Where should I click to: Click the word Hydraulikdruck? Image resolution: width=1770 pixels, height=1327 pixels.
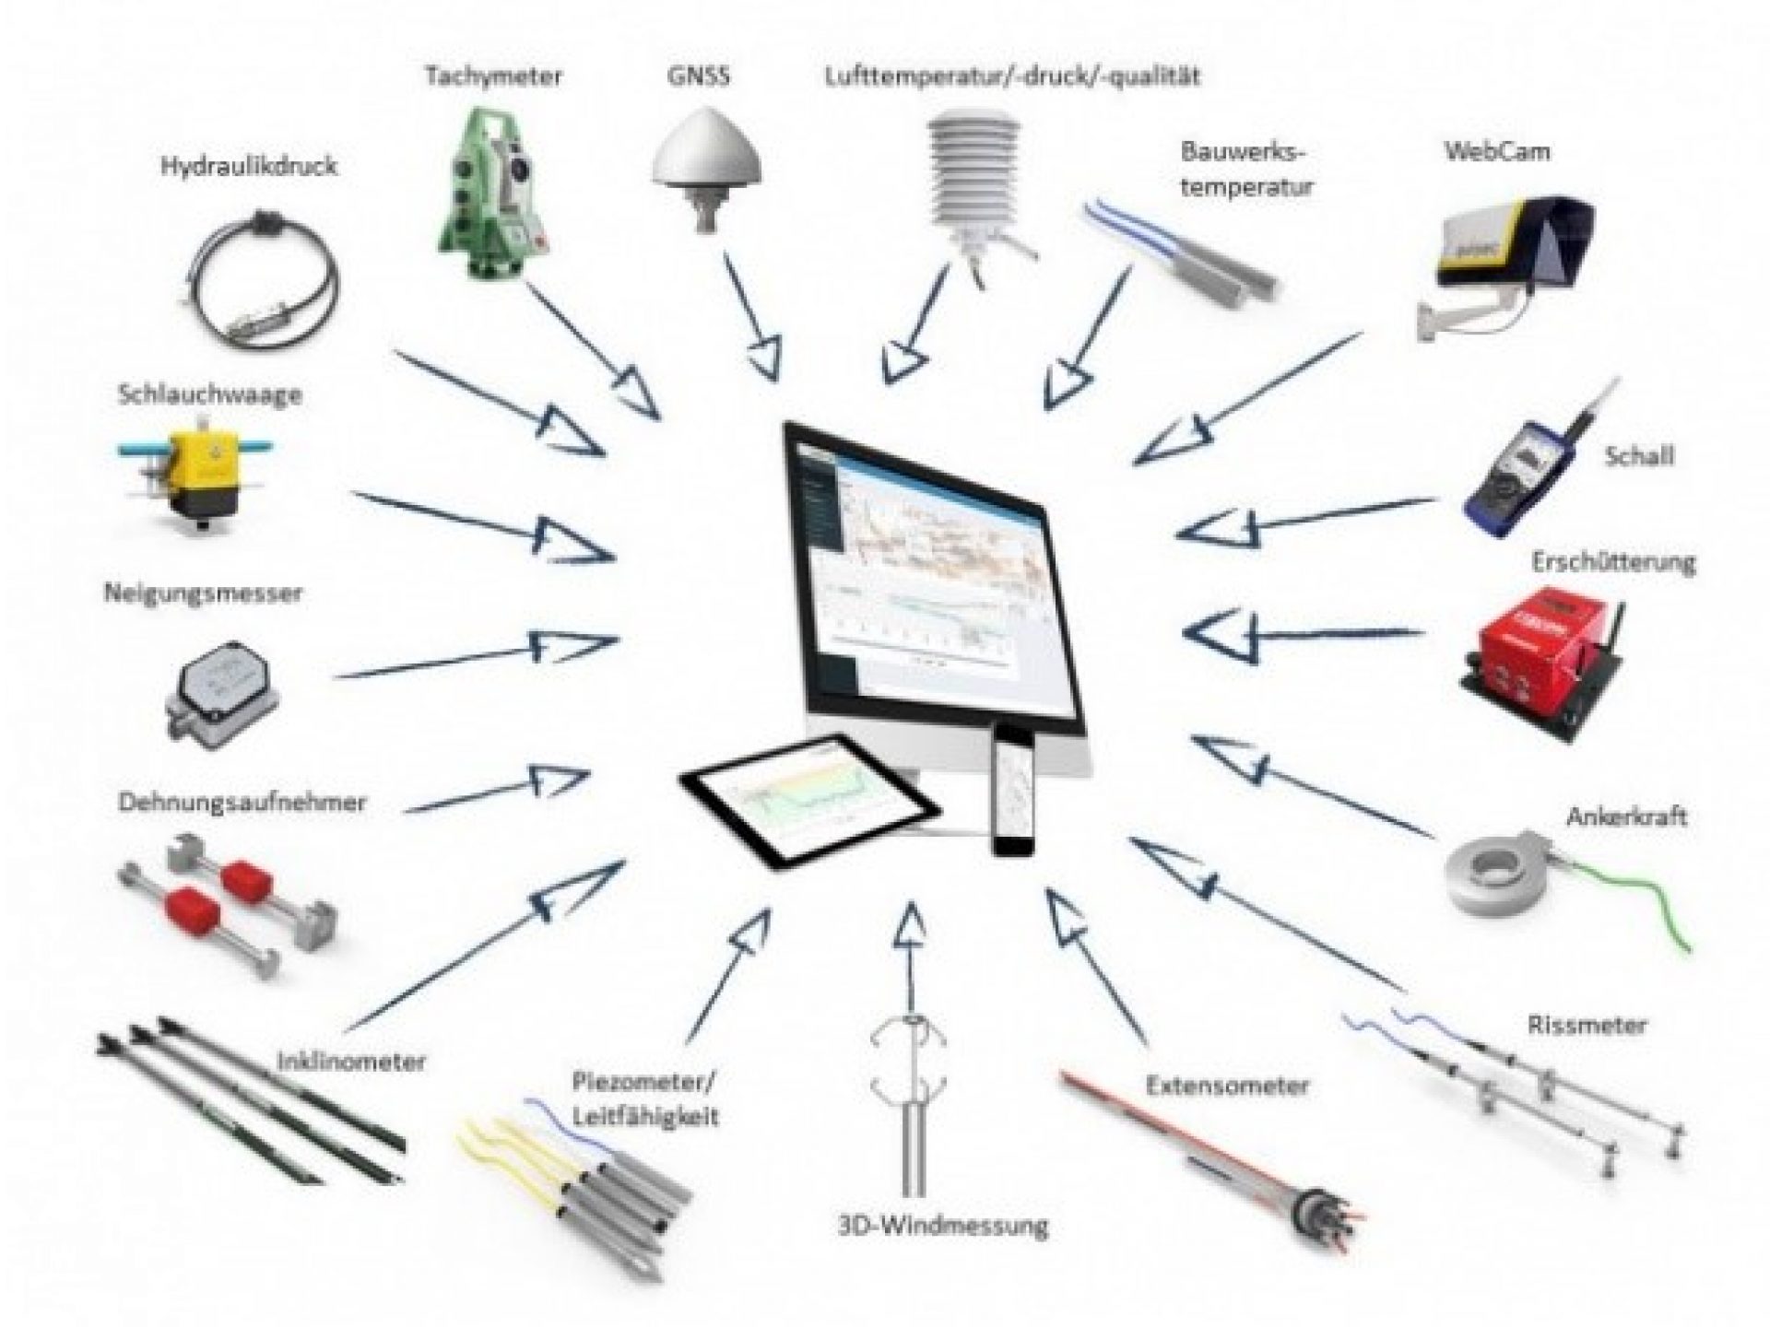pos(249,167)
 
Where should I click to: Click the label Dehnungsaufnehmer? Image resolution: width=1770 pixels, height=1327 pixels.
pos(242,802)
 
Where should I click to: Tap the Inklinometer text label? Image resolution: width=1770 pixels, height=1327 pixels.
pos(351,1062)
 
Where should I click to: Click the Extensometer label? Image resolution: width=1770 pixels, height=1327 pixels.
pos(1227,1085)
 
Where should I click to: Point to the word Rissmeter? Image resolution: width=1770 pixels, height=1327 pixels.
pos(1586,1024)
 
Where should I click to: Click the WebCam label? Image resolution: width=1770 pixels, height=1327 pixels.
pos(1496,151)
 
